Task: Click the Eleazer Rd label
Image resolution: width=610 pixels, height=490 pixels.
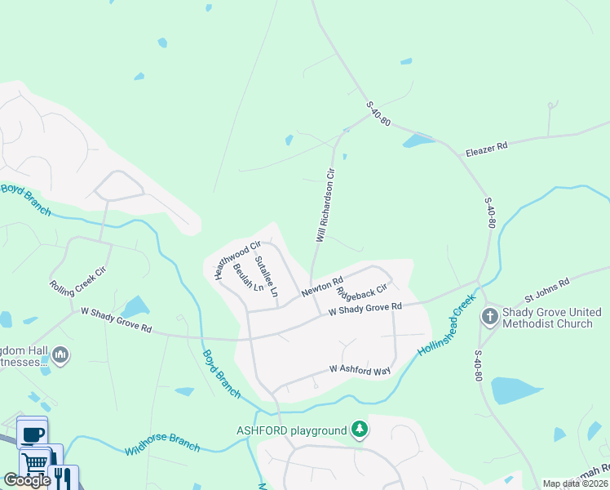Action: pyautogui.click(x=486, y=147)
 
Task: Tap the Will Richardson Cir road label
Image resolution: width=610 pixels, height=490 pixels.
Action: pyautogui.click(x=325, y=205)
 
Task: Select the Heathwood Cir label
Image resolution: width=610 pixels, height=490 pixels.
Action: pyautogui.click(x=236, y=260)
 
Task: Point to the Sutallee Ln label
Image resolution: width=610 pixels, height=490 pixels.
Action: pyautogui.click(x=267, y=276)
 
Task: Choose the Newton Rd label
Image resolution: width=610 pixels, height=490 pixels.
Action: pyautogui.click(x=321, y=288)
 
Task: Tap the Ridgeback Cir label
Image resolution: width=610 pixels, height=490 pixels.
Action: pyautogui.click(x=360, y=292)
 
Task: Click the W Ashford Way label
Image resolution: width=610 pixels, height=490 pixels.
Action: pyautogui.click(x=360, y=370)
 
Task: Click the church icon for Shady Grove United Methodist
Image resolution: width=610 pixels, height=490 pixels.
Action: pyautogui.click(x=489, y=316)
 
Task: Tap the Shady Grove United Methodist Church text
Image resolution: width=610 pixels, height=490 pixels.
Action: pyautogui.click(x=551, y=318)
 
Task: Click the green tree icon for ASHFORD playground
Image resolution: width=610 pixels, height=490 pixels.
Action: pyautogui.click(x=359, y=430)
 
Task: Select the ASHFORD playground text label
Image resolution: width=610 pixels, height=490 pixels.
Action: pyautogui.click(x=291, y=430)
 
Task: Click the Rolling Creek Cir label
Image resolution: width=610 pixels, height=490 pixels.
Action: pyautogui.click(x=77, y=278)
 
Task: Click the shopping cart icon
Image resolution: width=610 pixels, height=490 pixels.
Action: pyautogui.click(x=35, y=461)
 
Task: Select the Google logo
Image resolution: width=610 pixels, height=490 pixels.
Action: pyautogui.click(x=27, y=480)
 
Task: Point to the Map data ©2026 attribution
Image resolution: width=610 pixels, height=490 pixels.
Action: pyautogui.click(x=575, y=483)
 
